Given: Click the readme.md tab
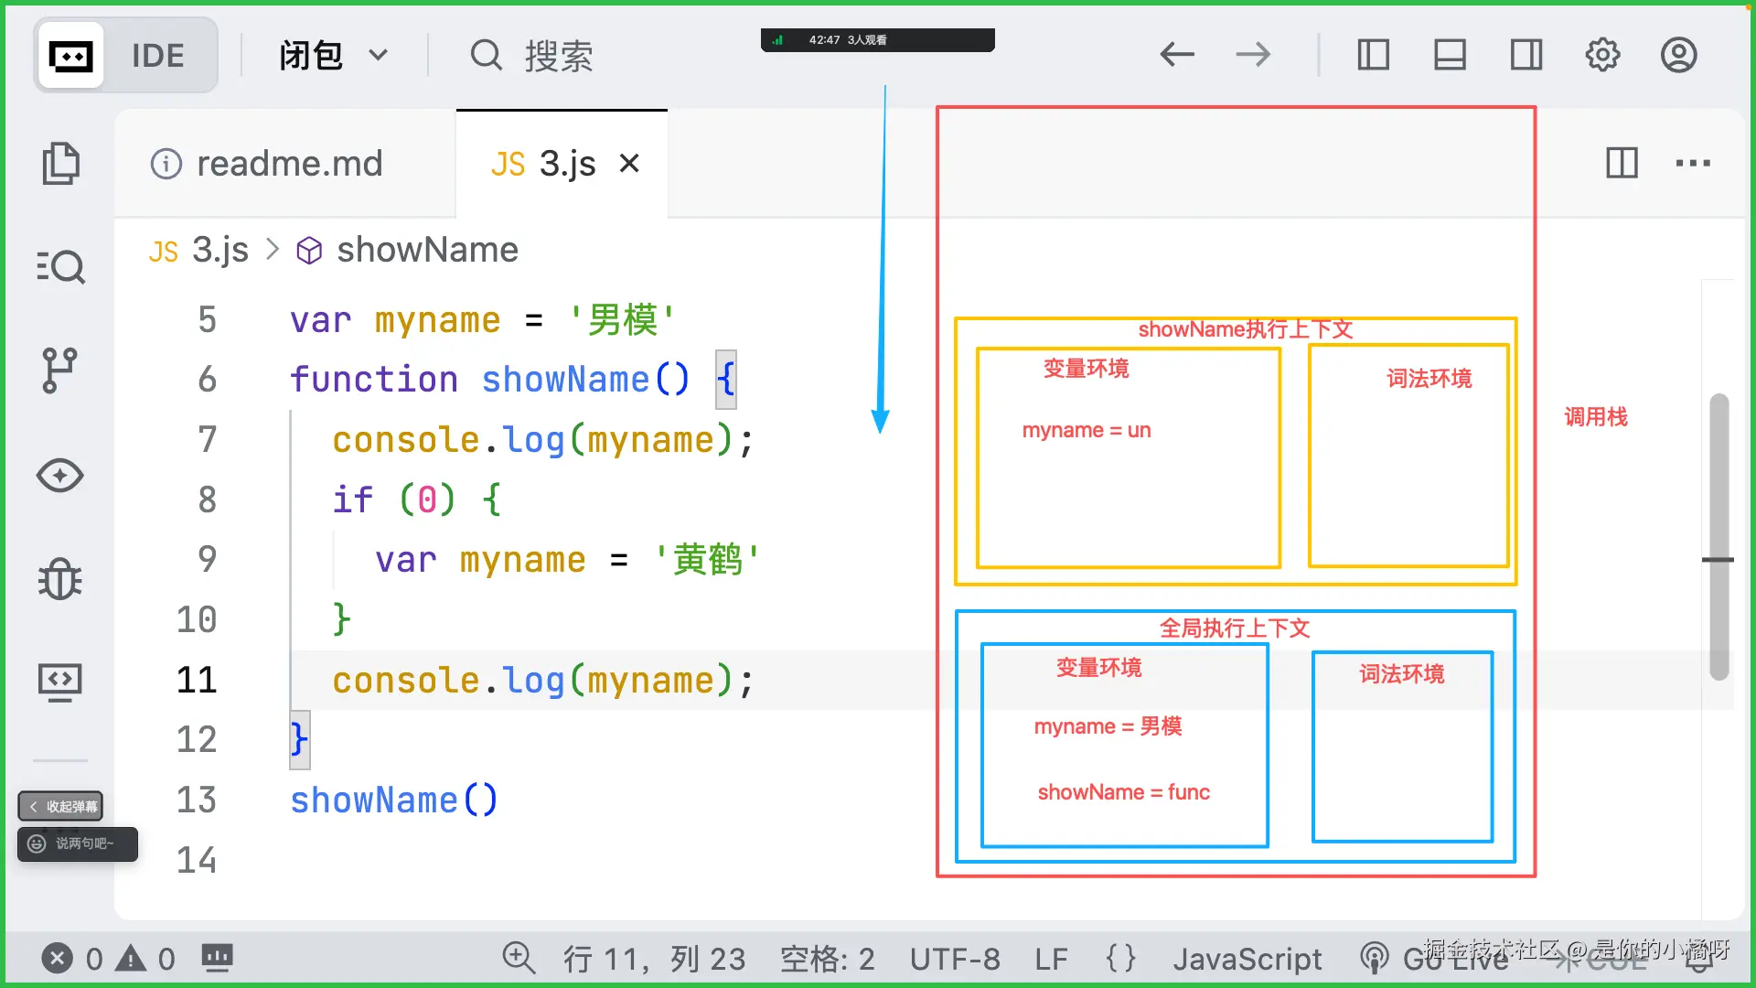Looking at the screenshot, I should (267, 164).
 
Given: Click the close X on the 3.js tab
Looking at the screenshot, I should (629, 164).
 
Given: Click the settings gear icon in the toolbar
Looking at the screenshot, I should (1602, 55).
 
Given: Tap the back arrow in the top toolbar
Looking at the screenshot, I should (1177, 55).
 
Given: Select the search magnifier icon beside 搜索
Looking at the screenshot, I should (486, 55).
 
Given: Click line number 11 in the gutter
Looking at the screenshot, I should (197, 680).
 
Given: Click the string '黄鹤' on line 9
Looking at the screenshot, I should (707, 559).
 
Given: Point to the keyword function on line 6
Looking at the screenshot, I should (373, 379).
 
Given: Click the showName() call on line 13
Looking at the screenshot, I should (393, 800).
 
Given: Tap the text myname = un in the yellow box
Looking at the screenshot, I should (1086, 430).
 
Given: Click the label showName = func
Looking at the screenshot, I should (1123, 792).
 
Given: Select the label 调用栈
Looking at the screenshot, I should (1595, 417).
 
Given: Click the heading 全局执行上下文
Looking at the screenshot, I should (1235, 628).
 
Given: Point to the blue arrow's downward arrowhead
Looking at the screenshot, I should (880, 422).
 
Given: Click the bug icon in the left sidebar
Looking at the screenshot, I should (60, 579).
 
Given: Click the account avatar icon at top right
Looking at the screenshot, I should (1679, 55).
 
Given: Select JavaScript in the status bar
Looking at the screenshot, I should (1247, 959).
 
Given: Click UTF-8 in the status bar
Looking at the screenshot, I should (954, 959).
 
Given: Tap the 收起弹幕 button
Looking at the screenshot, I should (61, 806).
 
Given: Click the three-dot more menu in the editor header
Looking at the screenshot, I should (1693, 164).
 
